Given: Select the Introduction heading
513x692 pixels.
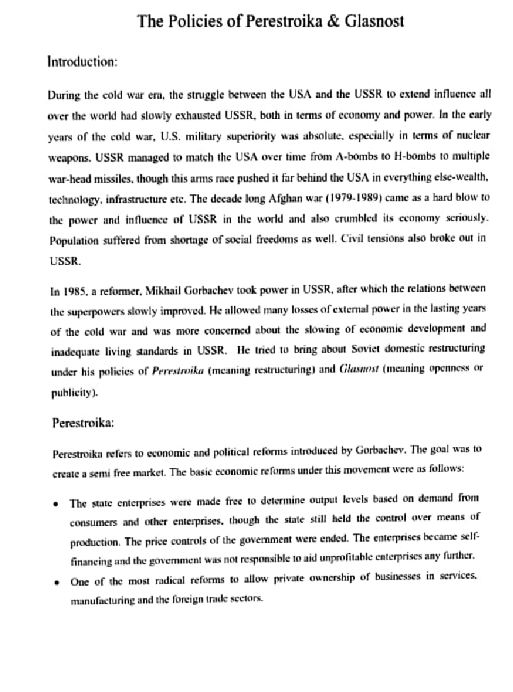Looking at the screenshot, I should (82, 62).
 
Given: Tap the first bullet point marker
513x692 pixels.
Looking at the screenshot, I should (55, 504).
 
